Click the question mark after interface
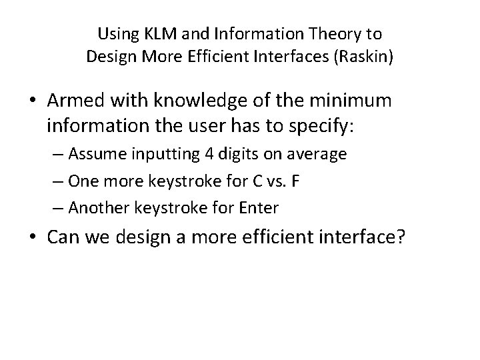401,239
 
